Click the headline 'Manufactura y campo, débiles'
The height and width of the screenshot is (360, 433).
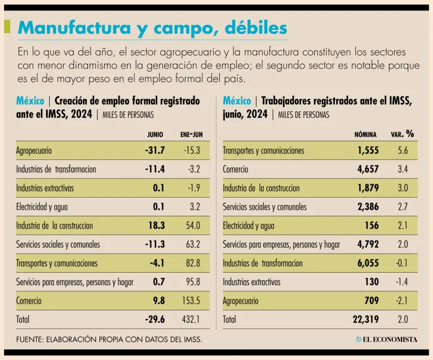pos(152,28)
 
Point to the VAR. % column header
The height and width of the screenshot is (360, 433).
pos(403,134)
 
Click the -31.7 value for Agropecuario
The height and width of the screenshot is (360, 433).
pos(154,150)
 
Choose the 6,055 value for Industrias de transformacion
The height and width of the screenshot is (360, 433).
pos(368,263)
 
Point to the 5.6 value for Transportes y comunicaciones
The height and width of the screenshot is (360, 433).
pos(402,150)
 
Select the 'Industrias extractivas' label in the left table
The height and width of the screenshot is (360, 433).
pos(45,188)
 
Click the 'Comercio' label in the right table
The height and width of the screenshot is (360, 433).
pos(236,169)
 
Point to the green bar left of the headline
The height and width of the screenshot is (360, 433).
pos(7,26)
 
